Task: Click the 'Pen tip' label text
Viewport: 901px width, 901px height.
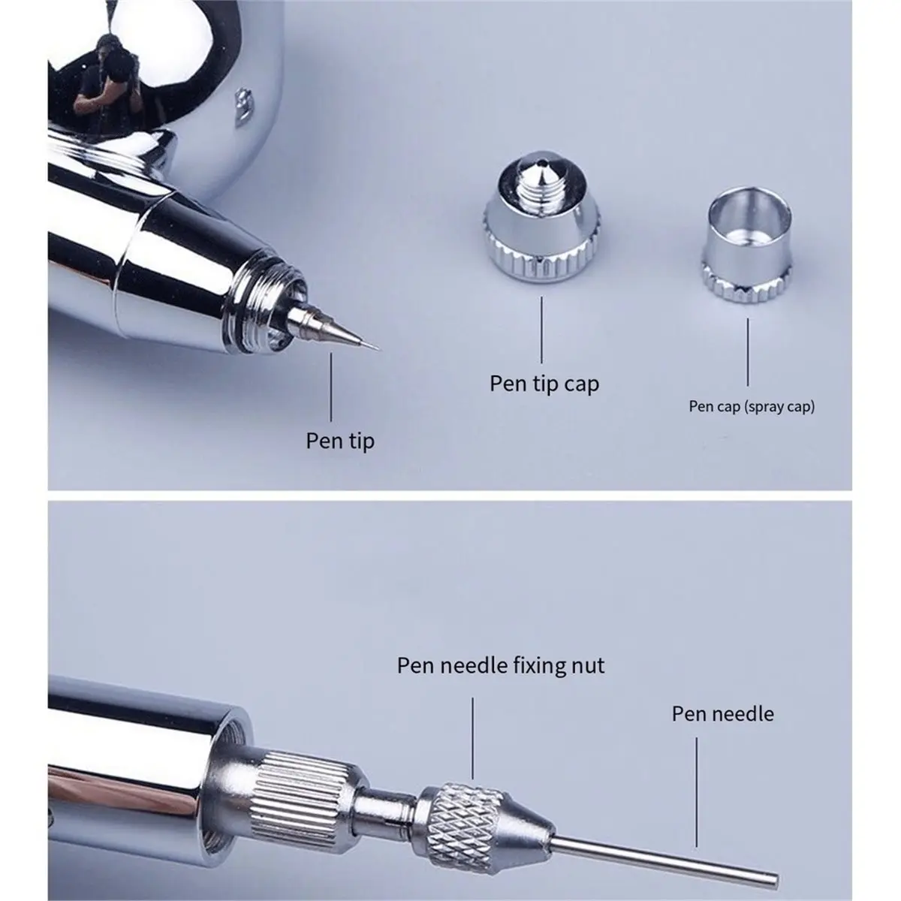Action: pos(340,441)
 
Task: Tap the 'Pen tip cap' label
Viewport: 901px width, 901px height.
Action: pos(544,384)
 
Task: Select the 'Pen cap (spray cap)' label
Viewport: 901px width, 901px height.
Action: pos(752,406)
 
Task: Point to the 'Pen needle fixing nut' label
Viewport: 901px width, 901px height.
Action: pos(500,665)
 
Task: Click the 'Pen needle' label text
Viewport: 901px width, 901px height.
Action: pos(722,714)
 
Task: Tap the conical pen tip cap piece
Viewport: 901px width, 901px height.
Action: pos(541,218)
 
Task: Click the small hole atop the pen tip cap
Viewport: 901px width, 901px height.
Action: pos(542,164)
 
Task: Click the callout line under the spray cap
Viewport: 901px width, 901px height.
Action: pos(747,352)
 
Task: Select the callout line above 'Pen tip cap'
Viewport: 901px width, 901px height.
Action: pos(541,330)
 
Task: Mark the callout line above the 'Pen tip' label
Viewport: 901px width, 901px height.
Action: pos(331,387)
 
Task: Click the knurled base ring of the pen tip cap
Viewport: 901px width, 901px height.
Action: pos(541,260)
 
